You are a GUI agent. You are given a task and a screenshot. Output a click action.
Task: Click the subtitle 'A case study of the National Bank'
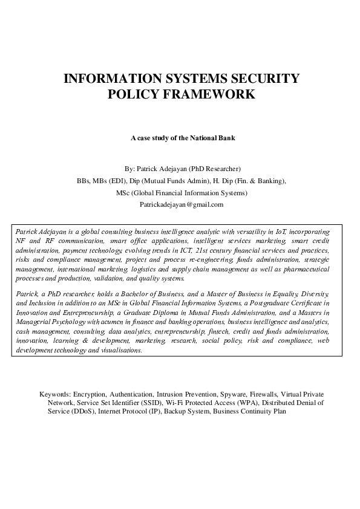pos(183,138)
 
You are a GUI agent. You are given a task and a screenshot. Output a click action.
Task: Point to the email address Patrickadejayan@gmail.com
pos(182,204)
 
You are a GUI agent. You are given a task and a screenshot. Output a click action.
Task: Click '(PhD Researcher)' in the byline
pos(215,168)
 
